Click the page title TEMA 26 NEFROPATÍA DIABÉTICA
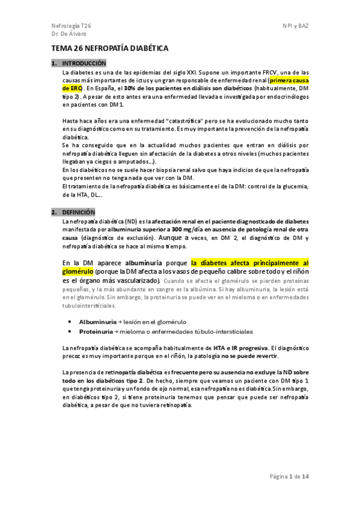109,48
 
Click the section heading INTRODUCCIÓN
84,63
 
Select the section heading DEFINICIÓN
79,212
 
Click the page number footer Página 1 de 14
289,477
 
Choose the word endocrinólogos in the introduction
282,96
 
